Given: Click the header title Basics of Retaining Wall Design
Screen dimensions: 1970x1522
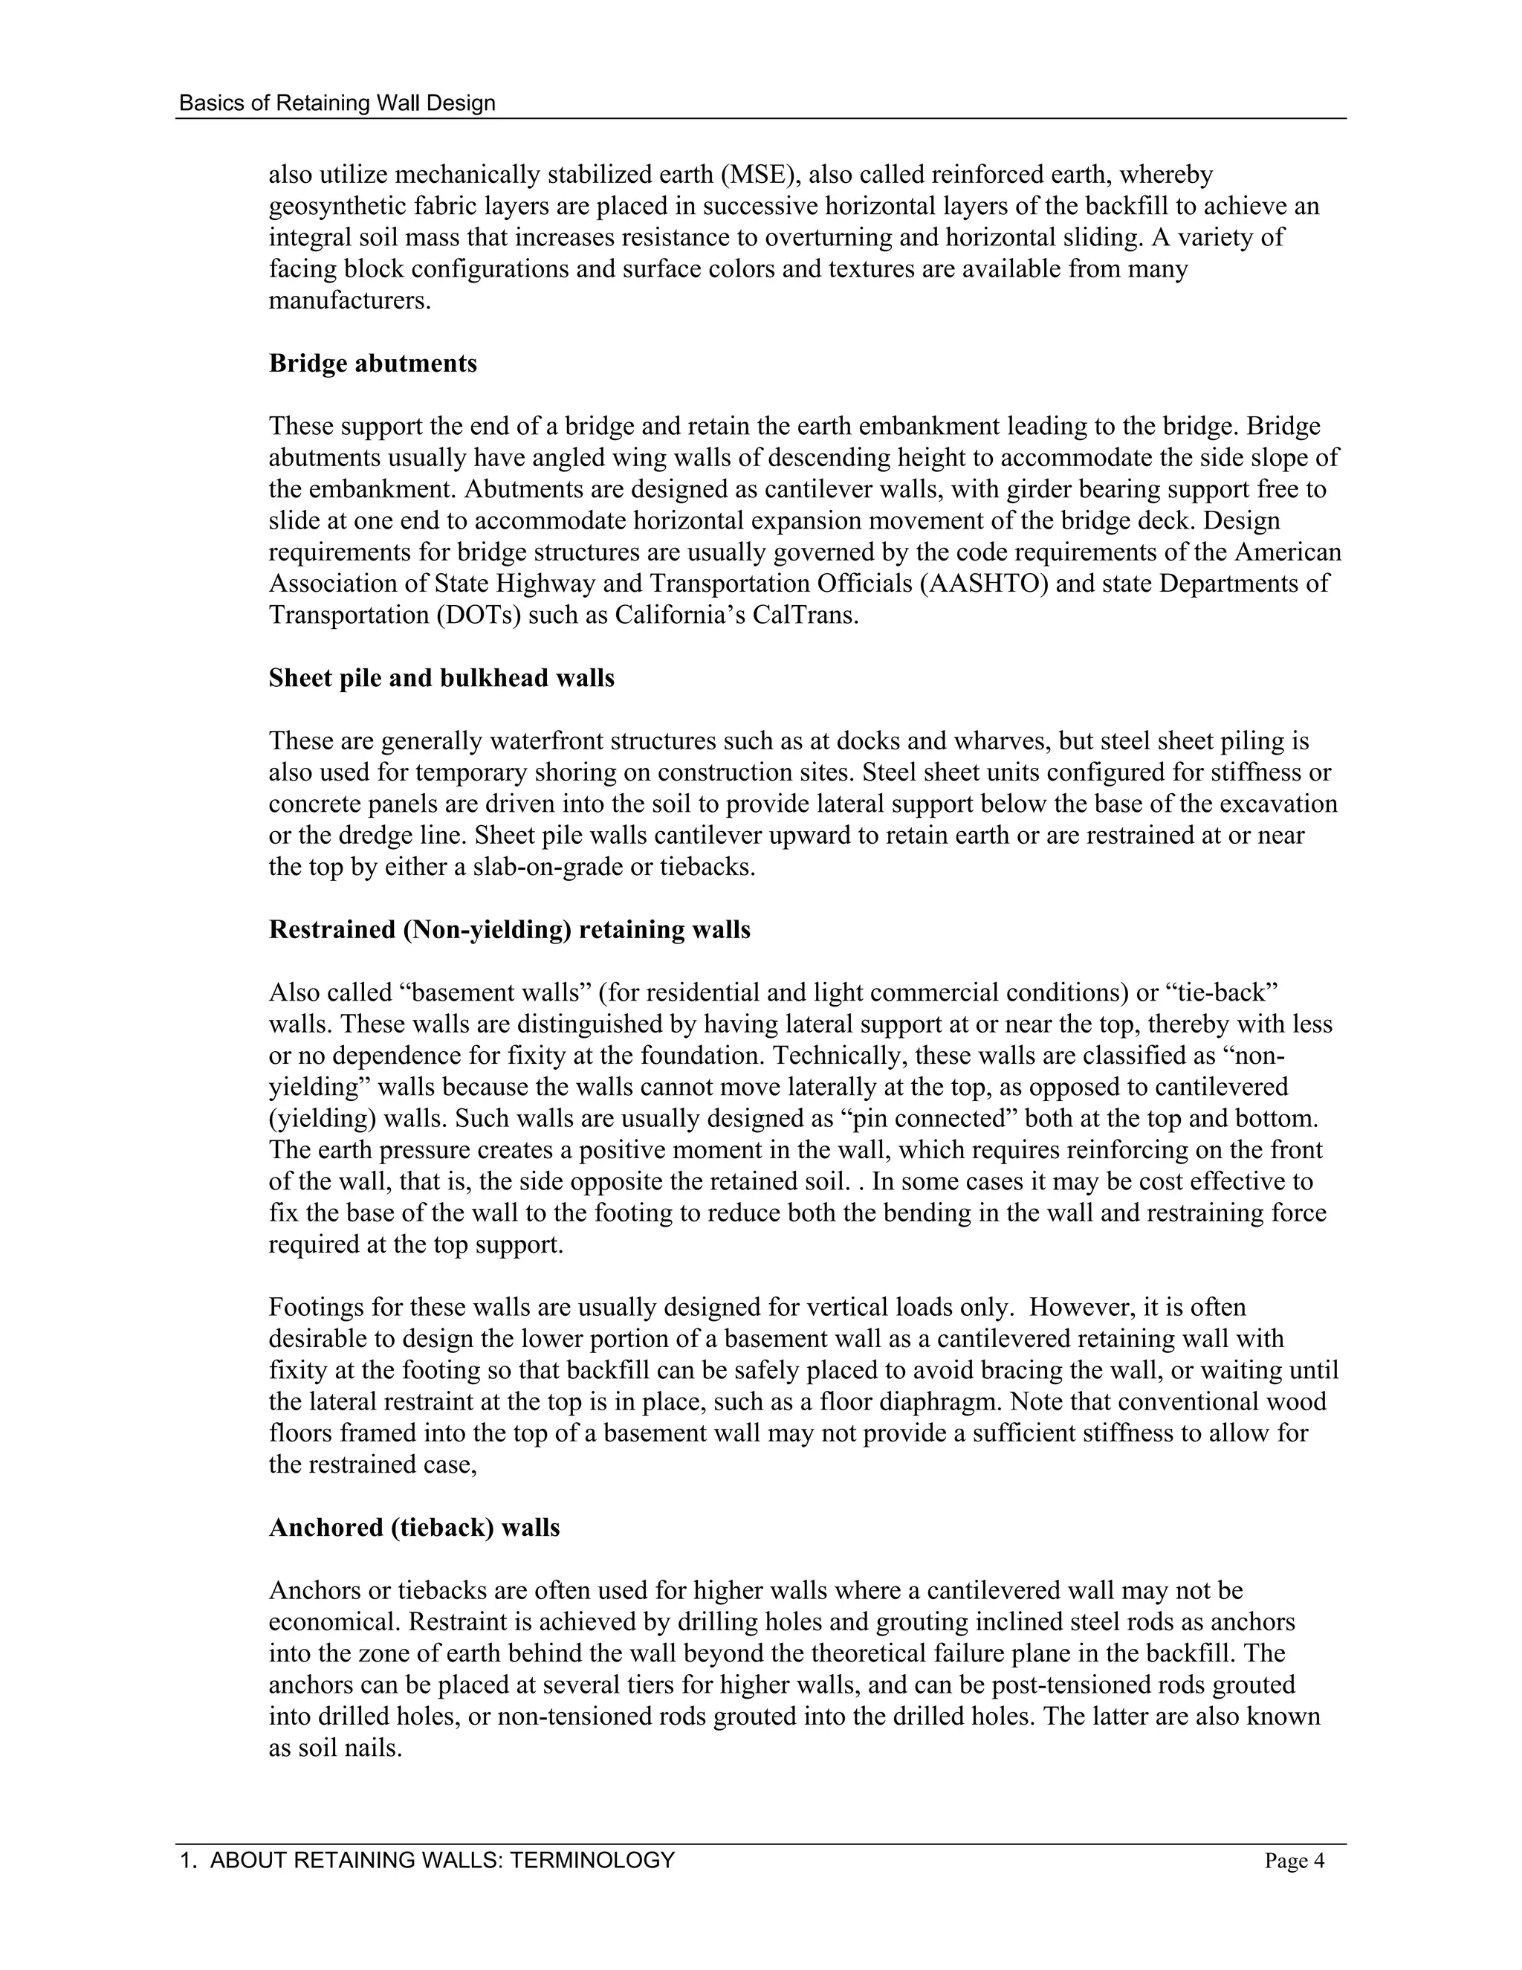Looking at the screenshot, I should tap(337, 103).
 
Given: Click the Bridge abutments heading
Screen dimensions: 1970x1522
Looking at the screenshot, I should tap(372, 364).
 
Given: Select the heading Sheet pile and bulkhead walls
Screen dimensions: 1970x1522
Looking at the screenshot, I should tap(441, 678).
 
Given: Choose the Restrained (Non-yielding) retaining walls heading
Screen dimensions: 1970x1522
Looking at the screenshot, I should tap(509, 930).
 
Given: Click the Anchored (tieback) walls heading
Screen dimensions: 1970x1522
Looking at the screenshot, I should tap(414, 1528).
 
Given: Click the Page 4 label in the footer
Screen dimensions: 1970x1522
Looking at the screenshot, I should tap(1294, 1861).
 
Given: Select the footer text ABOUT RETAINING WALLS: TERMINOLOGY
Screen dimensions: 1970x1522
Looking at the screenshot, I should tap(442, 1860).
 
